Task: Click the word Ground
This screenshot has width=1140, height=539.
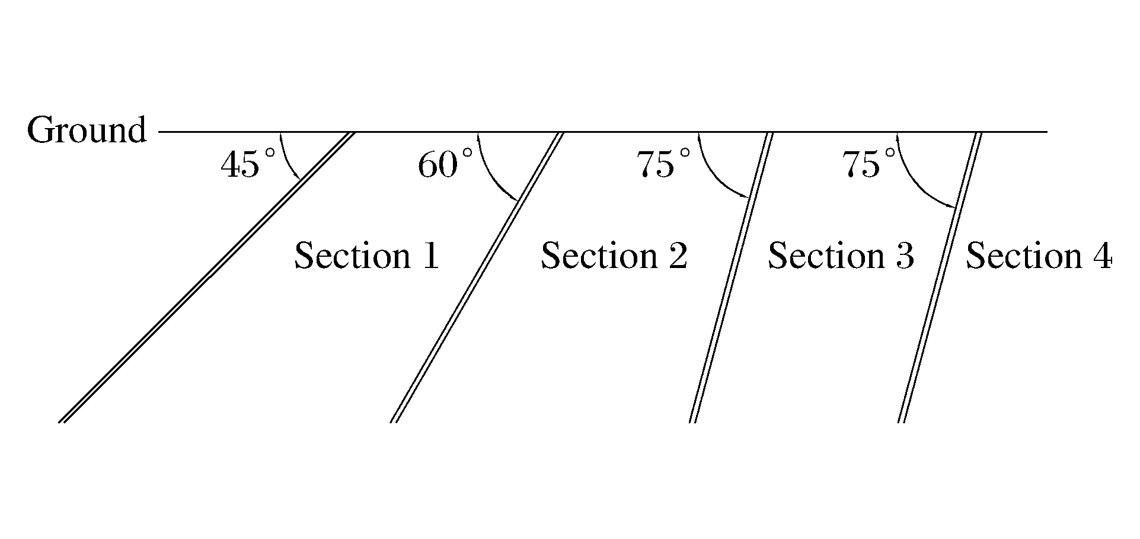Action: coord(87,130)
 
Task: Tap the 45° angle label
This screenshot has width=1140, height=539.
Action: coord(248,164)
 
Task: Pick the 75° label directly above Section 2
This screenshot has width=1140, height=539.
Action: coord(664,164)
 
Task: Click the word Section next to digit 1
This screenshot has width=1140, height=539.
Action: coord(352,256)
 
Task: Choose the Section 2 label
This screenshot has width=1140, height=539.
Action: coord(614,256)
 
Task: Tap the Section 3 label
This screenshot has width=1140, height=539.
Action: coord(841,256)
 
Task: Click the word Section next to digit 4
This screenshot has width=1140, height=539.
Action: coord(1024,256)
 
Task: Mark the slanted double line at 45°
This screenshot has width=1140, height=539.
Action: coord(207,278)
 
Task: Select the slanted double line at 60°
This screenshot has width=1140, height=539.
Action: coord(477,278)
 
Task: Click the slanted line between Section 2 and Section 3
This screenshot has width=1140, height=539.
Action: coord(731,278)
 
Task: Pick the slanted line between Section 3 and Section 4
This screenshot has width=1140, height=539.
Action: coord(939,278)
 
